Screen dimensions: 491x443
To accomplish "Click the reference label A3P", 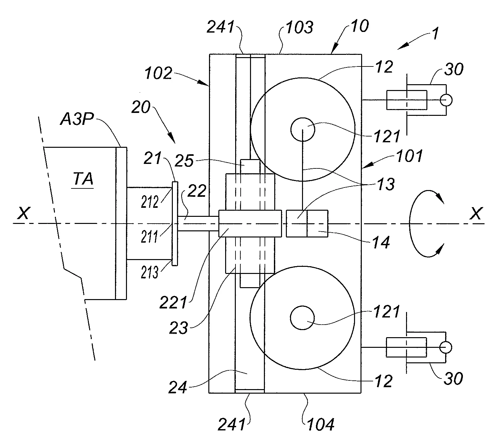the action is [77, 119].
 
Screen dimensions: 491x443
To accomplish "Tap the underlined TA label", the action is [83, 179].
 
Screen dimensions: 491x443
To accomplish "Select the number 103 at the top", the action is [299, 27].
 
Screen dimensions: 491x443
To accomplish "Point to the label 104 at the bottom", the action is [321, 425].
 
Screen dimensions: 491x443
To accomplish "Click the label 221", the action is [173, 303].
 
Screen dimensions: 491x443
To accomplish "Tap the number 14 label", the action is [381, 243].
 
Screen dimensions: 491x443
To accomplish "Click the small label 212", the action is [150, 202].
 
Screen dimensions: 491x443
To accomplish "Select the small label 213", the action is [150, 272].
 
